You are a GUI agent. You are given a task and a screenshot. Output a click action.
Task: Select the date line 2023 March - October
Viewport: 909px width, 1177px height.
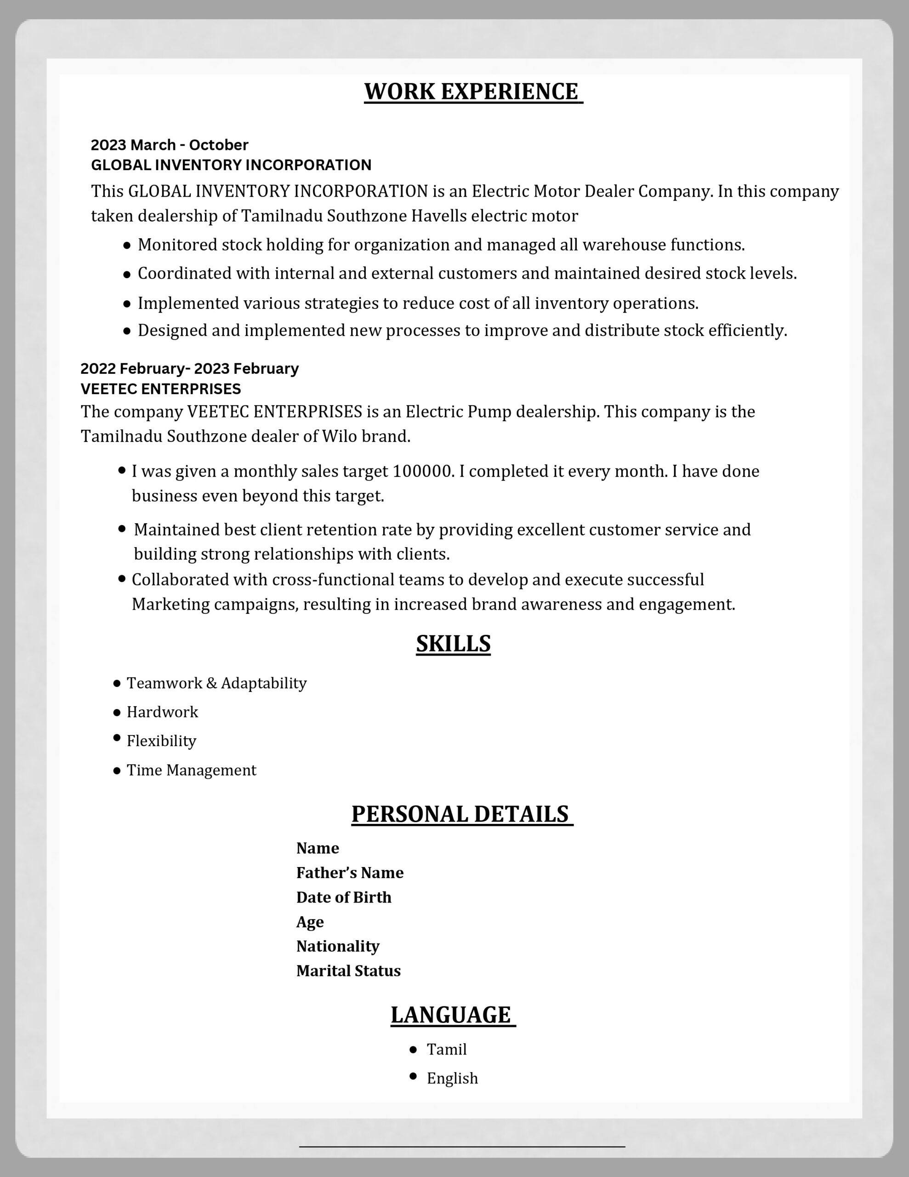[x=169, y=145]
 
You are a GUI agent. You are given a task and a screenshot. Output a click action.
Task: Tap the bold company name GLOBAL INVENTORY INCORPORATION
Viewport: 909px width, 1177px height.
[x=231, y=165]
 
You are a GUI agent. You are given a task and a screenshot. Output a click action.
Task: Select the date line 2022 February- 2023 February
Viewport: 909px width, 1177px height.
[x=189, y=369]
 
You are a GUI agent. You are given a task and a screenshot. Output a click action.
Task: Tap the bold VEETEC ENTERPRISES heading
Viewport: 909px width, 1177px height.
[x=160, y=389]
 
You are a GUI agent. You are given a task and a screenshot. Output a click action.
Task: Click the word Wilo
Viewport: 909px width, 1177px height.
[x=340, y=436]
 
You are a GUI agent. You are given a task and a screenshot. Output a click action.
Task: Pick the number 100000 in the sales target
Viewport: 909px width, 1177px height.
[x=421, y=472]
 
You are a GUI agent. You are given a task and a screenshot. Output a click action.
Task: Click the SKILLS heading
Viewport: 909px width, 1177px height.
[x=453, y=644]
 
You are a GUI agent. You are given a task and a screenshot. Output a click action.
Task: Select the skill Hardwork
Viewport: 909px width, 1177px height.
[x=162, y=713]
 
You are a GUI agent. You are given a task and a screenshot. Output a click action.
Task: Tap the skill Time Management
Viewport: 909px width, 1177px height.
[x=191, y=771]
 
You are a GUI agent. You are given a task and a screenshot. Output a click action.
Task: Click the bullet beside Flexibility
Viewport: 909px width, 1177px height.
[x=117, y=738]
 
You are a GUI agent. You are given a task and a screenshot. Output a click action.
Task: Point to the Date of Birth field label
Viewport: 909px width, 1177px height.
[x=344, y=897]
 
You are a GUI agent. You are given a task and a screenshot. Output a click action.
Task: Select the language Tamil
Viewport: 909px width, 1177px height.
[x=447, y=1050]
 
